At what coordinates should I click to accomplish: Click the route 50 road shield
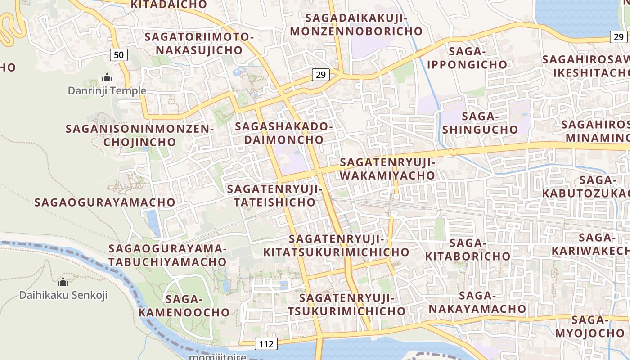119,55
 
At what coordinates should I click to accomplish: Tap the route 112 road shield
266,344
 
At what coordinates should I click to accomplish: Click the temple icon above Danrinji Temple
107,77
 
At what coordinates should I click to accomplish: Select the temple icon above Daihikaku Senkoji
63,282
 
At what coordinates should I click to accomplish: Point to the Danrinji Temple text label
107,90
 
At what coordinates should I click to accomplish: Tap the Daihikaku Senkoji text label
63,295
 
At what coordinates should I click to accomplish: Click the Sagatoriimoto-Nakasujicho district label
199,43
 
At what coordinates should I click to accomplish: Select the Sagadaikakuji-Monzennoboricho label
356,25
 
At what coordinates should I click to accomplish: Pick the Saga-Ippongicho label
467,58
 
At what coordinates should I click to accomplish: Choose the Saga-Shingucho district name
480,123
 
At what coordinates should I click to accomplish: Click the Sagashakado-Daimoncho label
284,133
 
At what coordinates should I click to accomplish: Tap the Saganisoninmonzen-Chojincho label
139,135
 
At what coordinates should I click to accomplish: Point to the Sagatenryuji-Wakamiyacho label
387,169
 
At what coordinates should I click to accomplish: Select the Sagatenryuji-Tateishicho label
274,195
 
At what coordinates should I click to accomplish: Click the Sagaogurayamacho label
104,202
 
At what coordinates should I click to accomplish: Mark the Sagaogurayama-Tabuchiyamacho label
167,255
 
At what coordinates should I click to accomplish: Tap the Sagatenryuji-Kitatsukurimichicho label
336,245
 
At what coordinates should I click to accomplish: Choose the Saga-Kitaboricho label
468,250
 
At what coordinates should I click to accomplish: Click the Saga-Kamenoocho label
184,306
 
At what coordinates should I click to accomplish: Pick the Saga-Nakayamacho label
477,302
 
